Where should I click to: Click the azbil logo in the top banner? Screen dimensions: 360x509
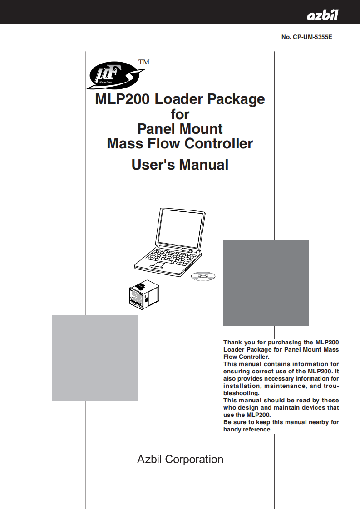tap(322, 15)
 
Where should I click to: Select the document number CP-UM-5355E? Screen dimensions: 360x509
tap(312, 37)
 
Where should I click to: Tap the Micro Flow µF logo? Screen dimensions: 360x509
tap(115, 76)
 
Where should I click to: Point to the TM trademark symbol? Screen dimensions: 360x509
tap(144, 62)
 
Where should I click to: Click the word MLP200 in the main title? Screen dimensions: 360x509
tap(122, 99)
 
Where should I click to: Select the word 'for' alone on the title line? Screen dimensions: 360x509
tap(180, 114)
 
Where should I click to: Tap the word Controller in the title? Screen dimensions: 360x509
tap(219, 143)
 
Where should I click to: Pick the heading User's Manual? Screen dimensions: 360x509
tap(180, 165)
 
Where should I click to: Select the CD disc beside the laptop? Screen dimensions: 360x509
tap(203, 276)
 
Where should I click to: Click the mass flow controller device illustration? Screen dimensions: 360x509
tap(144, 294)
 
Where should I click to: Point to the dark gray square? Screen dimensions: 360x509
tap(266, 283)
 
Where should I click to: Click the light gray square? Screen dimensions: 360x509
tap(94, 358)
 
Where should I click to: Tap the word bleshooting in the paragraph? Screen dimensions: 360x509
tap(241, 393)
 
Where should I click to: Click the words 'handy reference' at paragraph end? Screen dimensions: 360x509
tap(247, 430)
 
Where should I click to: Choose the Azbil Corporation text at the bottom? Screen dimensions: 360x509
tap(180, 460)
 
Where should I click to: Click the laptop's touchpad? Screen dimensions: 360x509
tap(158, 266)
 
